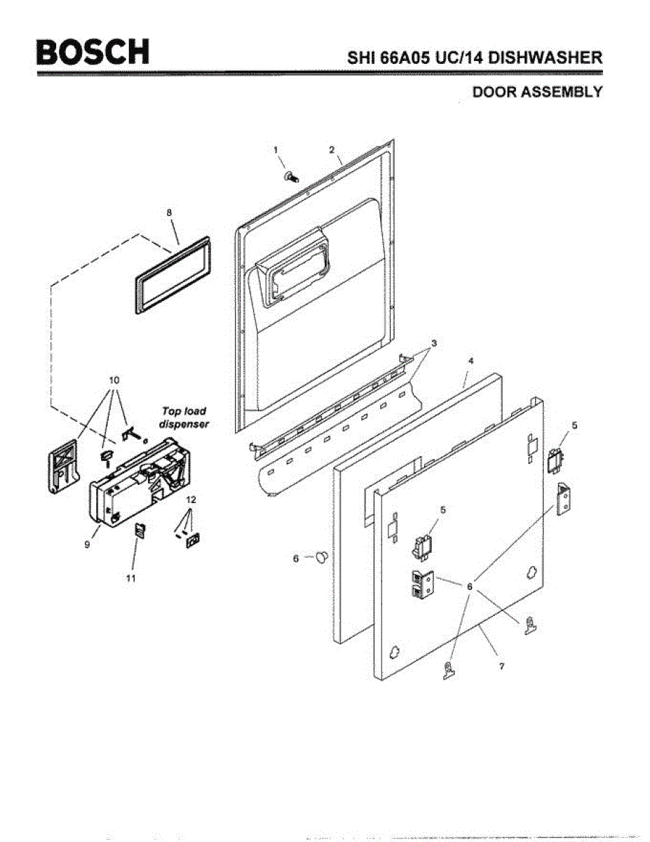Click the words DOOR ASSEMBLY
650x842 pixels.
537,92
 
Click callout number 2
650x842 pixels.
332,149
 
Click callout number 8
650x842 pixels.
169,211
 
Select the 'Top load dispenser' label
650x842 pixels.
184,417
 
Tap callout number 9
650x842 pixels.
87,544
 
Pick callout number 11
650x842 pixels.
131,578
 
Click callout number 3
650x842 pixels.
434,343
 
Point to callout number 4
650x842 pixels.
471,360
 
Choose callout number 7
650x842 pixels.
502,666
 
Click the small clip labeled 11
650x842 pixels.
140,530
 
